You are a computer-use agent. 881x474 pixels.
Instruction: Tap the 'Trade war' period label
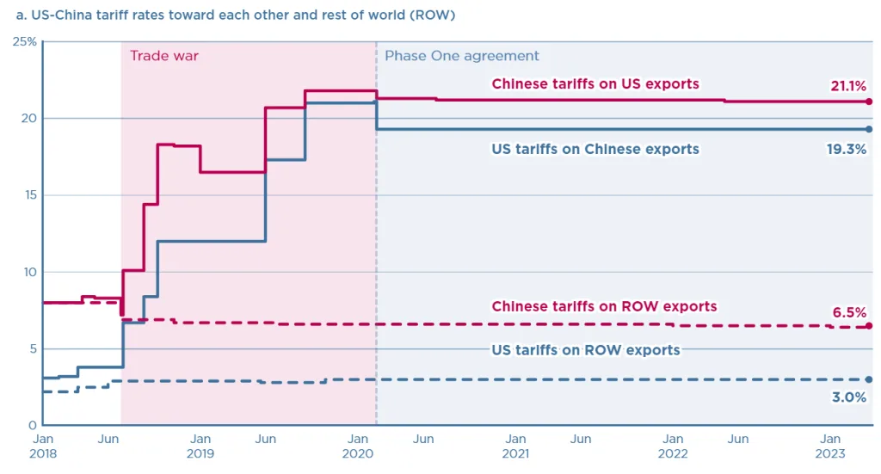pos(163,56)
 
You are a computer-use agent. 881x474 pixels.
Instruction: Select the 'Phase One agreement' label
pos(462,56)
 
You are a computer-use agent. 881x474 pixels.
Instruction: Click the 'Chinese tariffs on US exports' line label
pos(595,84)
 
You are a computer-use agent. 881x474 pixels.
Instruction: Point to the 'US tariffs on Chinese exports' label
pos(595,149)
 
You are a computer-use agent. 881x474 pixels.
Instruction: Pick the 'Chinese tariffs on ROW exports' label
pos(604,306)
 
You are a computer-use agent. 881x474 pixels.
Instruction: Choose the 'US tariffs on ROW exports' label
pos(586,350)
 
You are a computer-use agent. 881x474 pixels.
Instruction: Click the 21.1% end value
pos(848,86)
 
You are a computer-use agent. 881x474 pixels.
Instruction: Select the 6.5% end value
pos(849,312)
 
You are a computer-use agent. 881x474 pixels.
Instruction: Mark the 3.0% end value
pos(849,398)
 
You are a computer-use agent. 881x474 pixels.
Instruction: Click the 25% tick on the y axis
pos(24,41)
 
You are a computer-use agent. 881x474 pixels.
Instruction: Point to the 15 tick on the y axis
pos(29,195)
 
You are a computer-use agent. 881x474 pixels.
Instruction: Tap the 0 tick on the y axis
pos(33,425)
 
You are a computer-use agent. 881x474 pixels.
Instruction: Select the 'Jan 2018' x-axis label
pos(43,446)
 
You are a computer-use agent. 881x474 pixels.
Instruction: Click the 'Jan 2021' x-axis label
pos(515,446)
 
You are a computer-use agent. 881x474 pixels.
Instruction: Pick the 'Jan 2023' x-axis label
pos(830,446)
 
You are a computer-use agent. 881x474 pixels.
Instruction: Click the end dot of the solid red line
pos(869,102)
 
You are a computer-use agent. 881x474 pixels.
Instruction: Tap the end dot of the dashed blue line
pos(869,379)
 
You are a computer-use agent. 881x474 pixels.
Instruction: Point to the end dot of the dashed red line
pos(869,326)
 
